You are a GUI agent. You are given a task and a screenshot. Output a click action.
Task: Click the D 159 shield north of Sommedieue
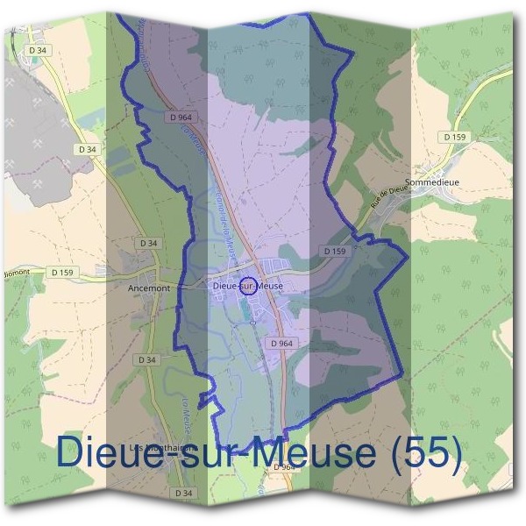(456, 137)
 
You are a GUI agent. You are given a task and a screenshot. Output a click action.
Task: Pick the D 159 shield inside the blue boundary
(335, 251)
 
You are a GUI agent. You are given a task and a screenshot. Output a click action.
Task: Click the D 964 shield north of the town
(181, 117)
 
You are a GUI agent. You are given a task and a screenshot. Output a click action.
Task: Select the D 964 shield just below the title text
(286, 468)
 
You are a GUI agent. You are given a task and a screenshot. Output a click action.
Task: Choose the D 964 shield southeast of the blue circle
(281, 343)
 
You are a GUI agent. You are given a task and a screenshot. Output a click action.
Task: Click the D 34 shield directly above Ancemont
(148, 243)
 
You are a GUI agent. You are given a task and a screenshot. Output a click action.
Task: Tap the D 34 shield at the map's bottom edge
(183, 494)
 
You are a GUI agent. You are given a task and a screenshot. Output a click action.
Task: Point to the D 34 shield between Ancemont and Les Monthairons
(146, 359)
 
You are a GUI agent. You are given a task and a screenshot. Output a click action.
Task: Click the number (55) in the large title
(428, 453)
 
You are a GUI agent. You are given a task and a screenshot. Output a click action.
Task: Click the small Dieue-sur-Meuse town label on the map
(247, 285)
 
